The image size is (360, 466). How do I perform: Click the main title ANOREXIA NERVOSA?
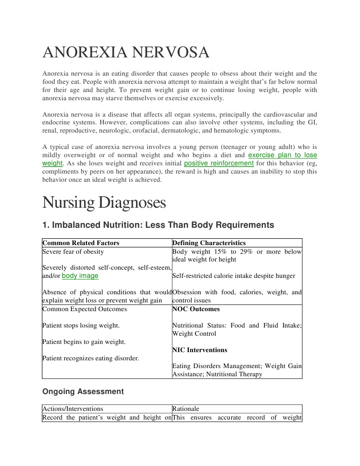(x=126, y=53)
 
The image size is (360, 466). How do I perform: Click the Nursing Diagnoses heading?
(x=104, y=202)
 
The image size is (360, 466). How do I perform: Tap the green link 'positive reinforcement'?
(x=219, y=163)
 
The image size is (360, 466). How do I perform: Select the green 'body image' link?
(x=80, y=276)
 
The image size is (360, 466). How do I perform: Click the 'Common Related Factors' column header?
(x=81, y=243)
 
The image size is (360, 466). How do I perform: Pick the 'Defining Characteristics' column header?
(x=209, y=243)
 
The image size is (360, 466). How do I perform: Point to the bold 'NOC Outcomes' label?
(x=196, y=309)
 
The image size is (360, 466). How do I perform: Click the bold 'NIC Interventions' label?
(x=200, y=350)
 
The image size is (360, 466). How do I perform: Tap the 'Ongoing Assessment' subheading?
(x=83, y=391)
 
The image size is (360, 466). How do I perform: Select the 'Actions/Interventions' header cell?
(x=73, y=409)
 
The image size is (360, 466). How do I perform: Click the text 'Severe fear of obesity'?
(x=73, y=251)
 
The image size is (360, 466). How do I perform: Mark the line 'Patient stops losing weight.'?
(x=81, y=325)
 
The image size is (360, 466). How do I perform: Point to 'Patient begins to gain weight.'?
(x=84, y=342)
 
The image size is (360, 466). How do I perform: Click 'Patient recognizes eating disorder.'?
(x=91, y=358)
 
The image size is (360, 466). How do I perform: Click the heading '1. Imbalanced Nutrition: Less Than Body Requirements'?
(x=158, y=225)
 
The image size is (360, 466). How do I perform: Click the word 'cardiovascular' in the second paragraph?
(x=278, y=114)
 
